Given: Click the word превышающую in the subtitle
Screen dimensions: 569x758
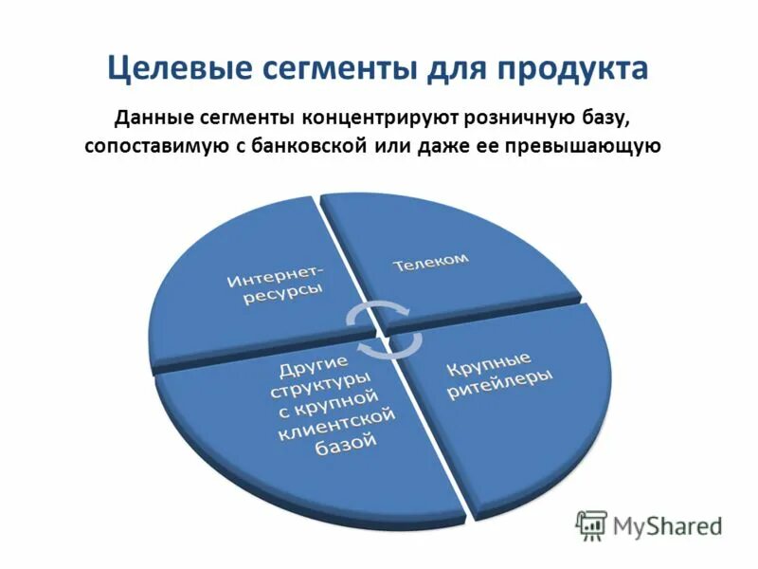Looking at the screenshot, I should (x=592, y=148).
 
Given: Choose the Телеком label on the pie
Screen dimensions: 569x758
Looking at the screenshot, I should (x=431, y=262).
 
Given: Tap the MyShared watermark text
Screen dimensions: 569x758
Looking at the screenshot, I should (x=668, y=523).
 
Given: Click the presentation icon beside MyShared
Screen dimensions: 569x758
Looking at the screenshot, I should (x=591, y=524).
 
